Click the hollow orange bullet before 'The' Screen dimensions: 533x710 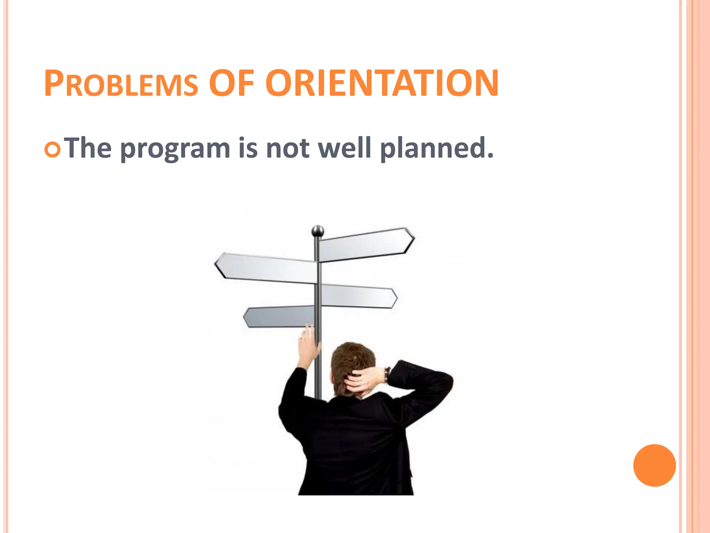(53, 150)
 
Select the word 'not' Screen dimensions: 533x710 (287, 148)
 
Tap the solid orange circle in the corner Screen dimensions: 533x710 (654, 465)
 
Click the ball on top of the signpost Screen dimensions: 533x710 (318, 231)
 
